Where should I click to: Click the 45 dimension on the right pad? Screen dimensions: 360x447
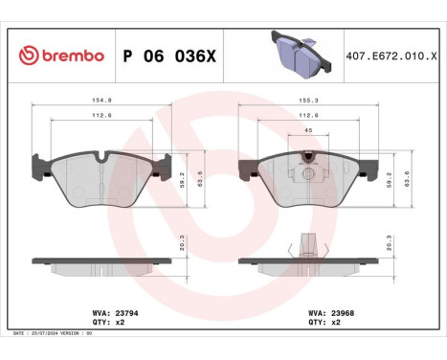[x=308, y=131]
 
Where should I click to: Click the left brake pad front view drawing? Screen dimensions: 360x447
[x=105, y=176]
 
